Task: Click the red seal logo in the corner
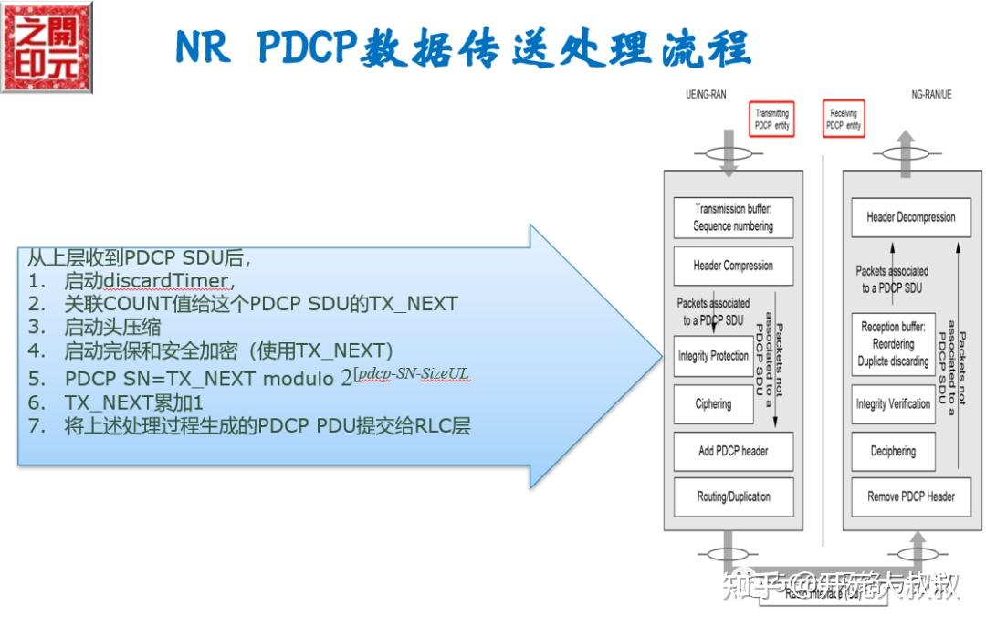click(x=47, y=47)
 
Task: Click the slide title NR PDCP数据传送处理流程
click(x=463, y=47)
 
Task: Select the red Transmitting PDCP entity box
click(x=771, y=120)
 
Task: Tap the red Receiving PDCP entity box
click(x=843, y=120)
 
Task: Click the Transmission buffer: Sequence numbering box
click(x=732, y=217)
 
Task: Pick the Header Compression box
click(x=732, y=266)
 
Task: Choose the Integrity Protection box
click(x=713, y=356)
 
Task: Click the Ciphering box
click(x=713, y=404)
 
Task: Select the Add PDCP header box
click(x=732, y=451)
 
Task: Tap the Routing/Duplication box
click(x=732, y=497)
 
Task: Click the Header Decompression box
click(x=910, y=218)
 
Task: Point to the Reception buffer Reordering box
click(x=892, y=343)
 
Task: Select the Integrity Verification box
click(x=892, y=403)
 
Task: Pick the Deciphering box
click(x=892, y=451)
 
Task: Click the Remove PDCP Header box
click(x=910, y=497)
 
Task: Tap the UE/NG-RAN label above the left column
click(x=706, y=94)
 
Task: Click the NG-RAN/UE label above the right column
click(x=931, y=94)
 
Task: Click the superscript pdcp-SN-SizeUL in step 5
click(x=415, y=375)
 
